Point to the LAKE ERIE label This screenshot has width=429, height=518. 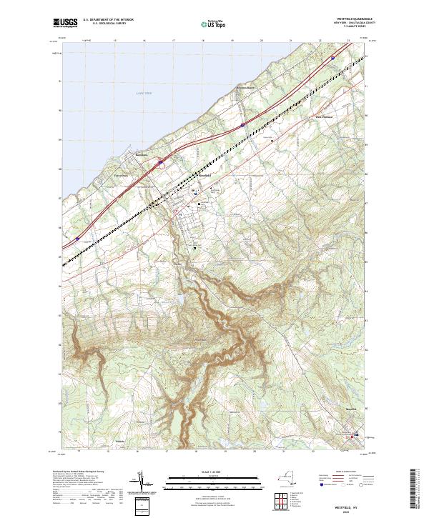pos(144,94)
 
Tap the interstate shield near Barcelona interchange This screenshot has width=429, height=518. pos(161,164)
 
